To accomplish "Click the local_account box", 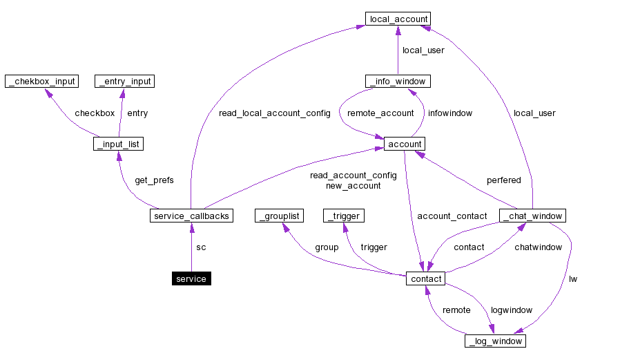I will [x=399, y=19].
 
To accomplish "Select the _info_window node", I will [x=398, y=82].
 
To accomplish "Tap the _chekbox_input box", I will [x=41, y=82].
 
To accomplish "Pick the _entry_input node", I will [x=124, y=82].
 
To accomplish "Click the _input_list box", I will [x=118, y=144].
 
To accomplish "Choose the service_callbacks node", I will [x=191, y=216].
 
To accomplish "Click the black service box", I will [x=191, y=278].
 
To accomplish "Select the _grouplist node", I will [x=280, y=216].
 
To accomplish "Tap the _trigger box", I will [x=343, y=216].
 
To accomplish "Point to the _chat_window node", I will [x=532, y=216].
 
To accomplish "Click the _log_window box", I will [x=495, y=341].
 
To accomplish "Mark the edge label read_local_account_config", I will [x=274, y=113].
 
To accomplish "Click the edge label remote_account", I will [x=380, y=113].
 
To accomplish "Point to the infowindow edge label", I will [x=450, y=113].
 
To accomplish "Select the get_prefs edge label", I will [x=154, y=180].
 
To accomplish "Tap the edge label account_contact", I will [x=452, y=216].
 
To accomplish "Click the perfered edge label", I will [x=504, y=180].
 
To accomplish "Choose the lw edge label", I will [x=573, y=279].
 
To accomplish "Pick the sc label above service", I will [x=201, y=247].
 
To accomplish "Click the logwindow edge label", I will [x=511, y=310].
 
